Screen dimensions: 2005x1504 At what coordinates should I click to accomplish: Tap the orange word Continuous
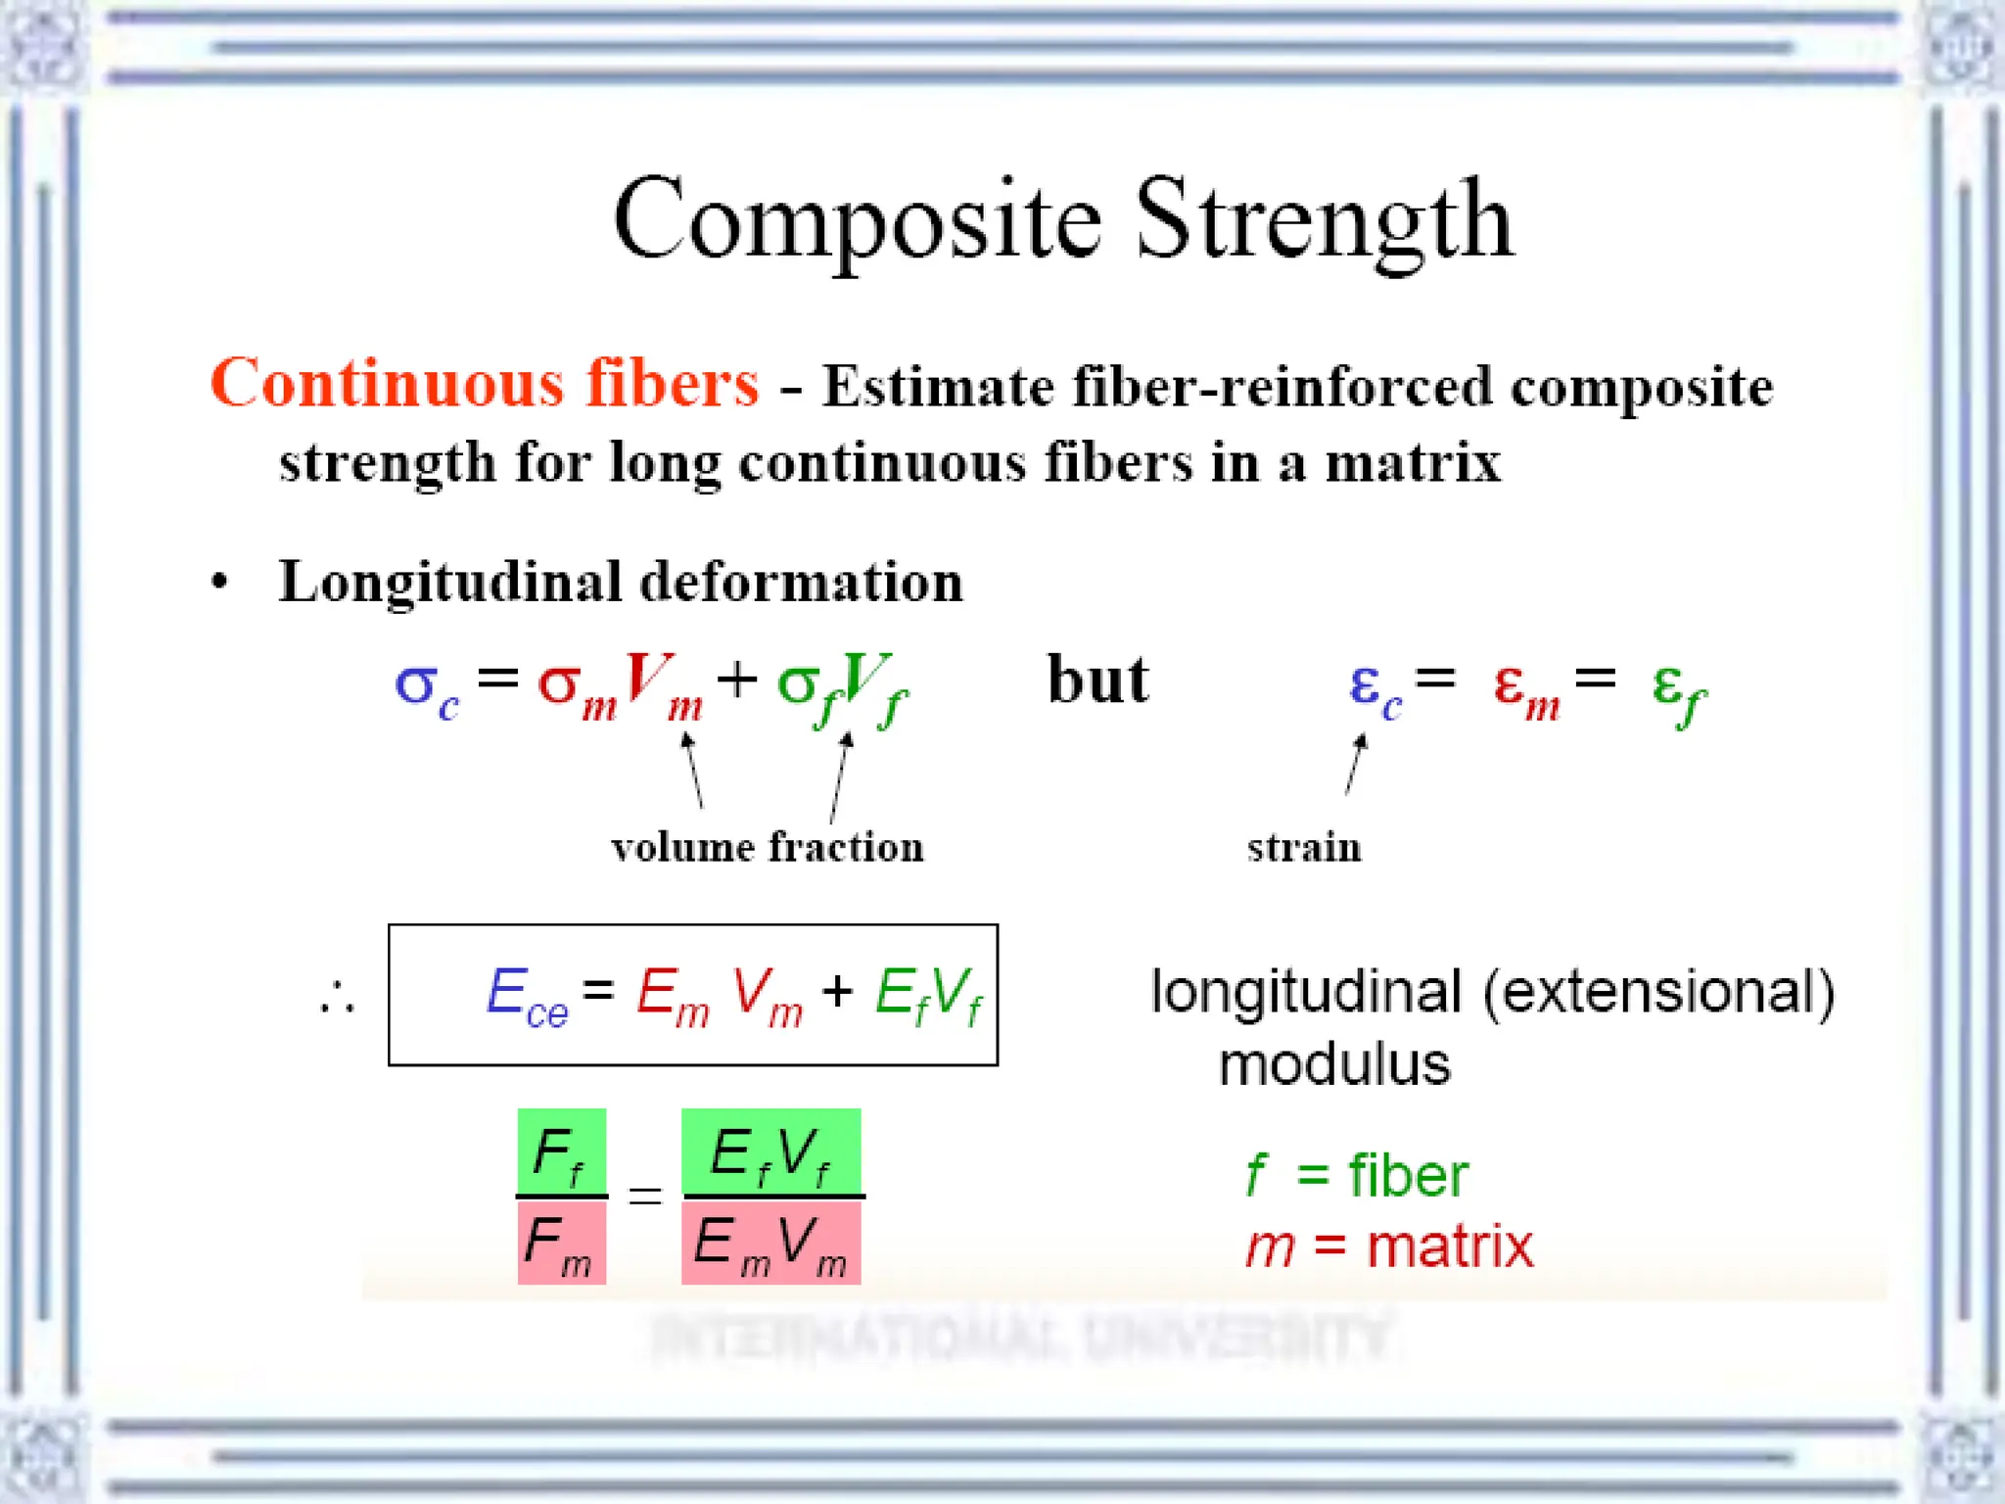tap(387, 383)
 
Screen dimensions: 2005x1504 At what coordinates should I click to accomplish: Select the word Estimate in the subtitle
tap(938, 386)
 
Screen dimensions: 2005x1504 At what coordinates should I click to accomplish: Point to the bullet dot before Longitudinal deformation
tap(220, 582)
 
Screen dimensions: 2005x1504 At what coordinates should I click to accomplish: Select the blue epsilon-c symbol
tap(1374, 687)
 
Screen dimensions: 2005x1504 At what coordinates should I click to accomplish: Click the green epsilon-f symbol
tap(1678, 689)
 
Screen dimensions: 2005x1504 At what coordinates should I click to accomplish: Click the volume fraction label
tap(768, 847)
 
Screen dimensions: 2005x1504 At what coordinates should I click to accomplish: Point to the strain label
tap(1304, 847)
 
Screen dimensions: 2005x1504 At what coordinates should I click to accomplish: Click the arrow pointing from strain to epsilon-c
tap(1355, 766)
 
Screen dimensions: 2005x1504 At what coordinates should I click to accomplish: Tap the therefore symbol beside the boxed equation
tap(337, 997)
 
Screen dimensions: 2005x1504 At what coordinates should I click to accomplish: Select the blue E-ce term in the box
tap(527, 997)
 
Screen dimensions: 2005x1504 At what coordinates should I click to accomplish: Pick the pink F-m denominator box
tap(562, 1243)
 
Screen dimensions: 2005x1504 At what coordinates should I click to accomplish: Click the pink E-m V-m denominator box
tap(770, 1243)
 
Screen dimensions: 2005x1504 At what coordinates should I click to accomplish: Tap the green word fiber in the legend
tap(1408, 1175)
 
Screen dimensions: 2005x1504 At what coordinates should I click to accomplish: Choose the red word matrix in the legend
tap(1450, 1246)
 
